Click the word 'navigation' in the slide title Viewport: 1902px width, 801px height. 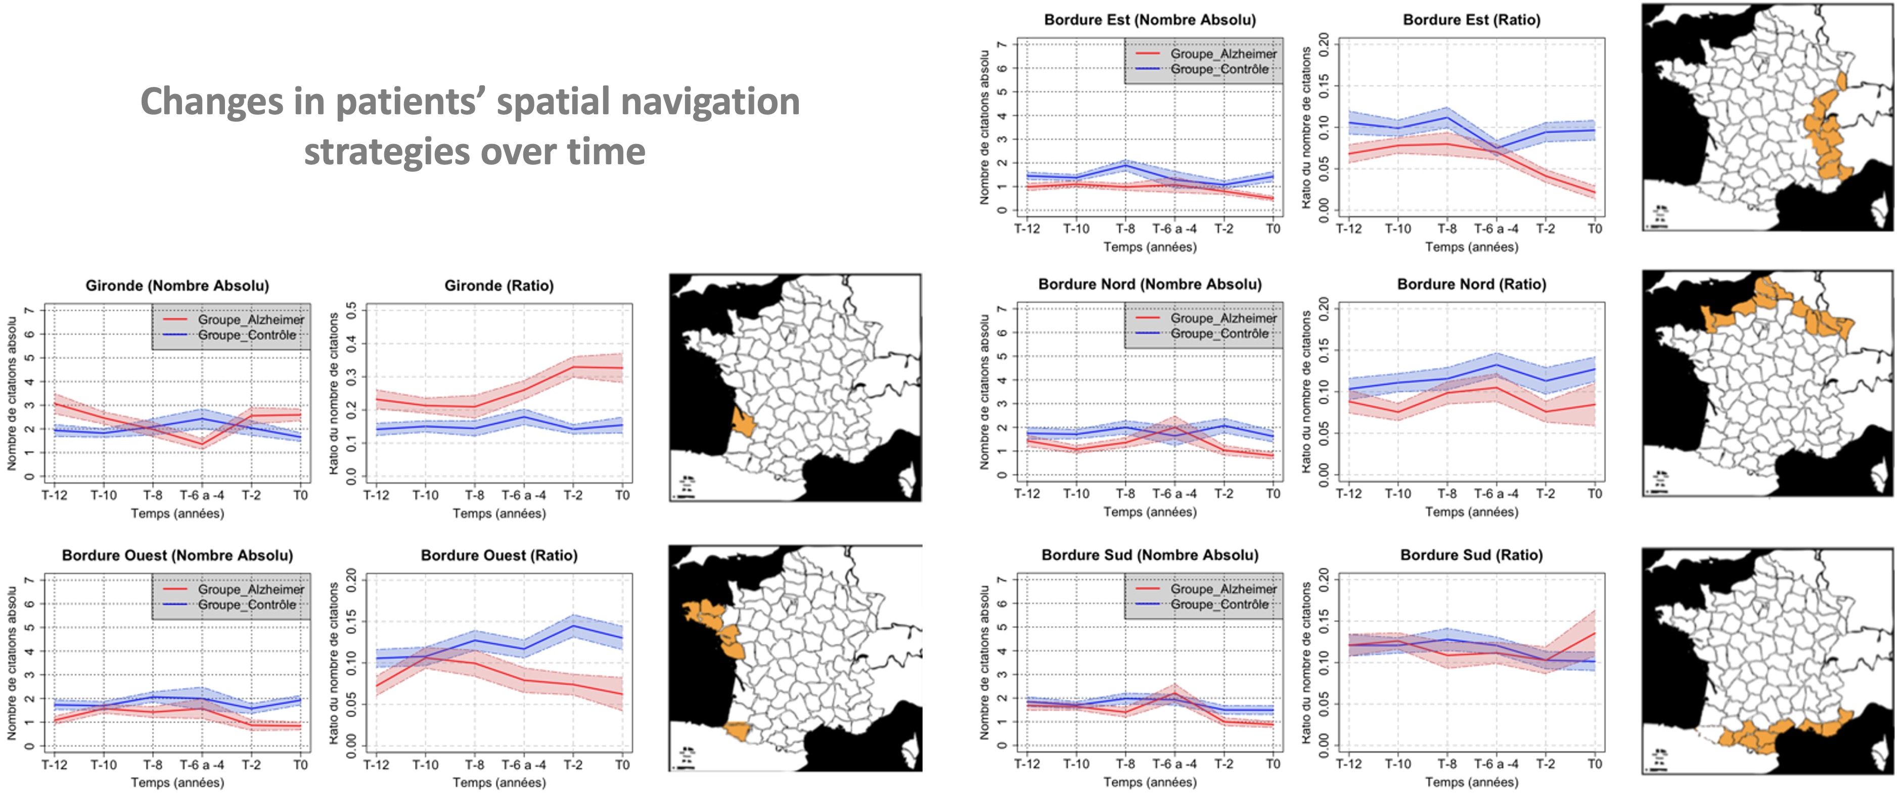[709, 102]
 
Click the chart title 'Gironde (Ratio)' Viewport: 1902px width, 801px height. [499, 286]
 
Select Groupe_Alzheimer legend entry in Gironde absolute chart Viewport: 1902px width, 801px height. [250, 320]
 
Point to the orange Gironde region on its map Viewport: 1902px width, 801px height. [743, 423]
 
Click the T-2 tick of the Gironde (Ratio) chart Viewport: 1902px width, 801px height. [573, 495]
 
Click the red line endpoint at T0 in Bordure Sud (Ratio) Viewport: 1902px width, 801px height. [1595, 633]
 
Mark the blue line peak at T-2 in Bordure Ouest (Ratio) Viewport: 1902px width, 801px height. [573, 626]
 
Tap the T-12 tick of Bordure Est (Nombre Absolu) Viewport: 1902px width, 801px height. [1027, 229]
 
